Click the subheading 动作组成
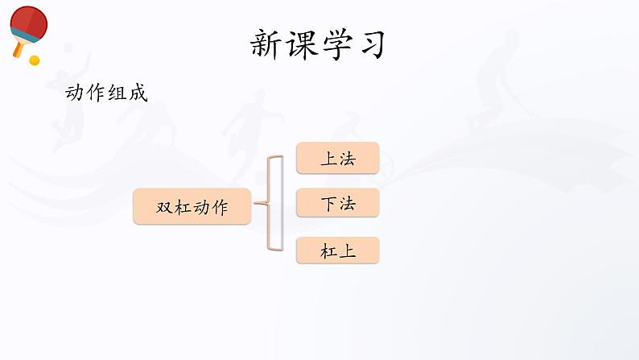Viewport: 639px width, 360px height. click(x=106, y=93)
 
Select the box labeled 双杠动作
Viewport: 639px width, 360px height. click(x=192, y=207)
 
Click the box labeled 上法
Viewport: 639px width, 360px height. click(x=337, y=159)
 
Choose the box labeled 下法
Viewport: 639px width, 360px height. click(x=337, y=205)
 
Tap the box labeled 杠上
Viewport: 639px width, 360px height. click(x=337, y=251)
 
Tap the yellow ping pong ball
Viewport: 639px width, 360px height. click(x=34, y=60)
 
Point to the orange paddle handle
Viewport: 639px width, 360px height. click(x=18, y=48)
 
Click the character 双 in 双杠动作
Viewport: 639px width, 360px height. click(x=164, y=208)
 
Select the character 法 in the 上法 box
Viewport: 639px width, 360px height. click(x=347, y=159)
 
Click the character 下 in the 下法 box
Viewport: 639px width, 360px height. click(x=328, y=205)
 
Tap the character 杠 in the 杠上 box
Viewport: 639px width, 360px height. click(x=328, y=251)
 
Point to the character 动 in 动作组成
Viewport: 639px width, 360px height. click(x=75, y=93)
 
